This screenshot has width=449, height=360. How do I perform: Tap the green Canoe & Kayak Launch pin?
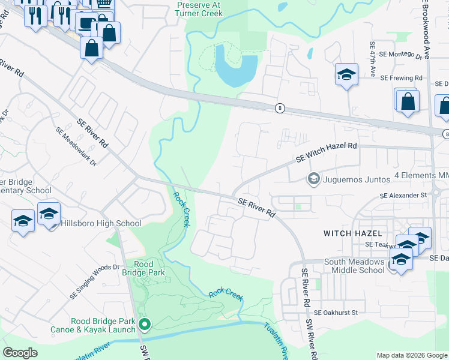145,325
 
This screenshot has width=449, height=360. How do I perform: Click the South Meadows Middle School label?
354,266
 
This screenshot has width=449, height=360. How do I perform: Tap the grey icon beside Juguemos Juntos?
313,178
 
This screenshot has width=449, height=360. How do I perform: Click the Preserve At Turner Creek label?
199,8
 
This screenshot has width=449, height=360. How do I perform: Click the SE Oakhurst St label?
336,313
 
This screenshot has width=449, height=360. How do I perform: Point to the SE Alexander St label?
402,196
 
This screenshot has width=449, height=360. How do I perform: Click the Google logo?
21,353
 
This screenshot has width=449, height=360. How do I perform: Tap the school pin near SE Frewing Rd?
346,75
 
